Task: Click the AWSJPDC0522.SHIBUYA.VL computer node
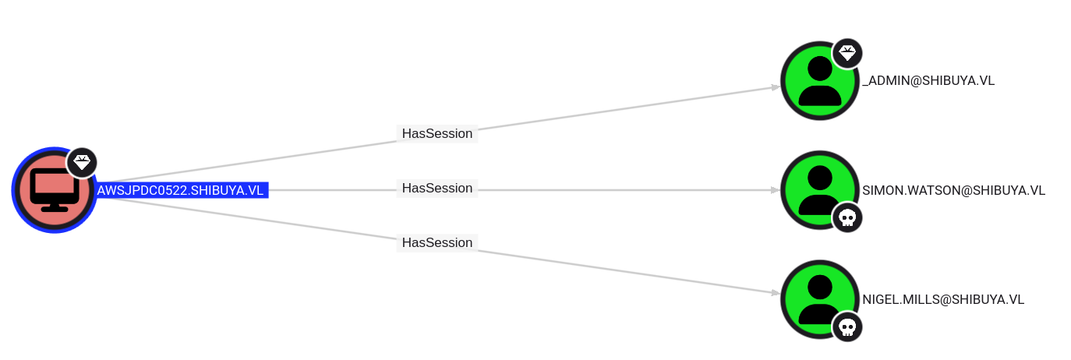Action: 55,190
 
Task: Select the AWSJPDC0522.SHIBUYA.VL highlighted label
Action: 180,190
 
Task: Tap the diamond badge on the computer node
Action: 83,163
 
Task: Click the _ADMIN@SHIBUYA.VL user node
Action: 820,81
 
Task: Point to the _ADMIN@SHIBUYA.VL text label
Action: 928,81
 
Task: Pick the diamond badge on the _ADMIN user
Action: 847,53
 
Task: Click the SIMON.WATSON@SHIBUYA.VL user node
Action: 820,190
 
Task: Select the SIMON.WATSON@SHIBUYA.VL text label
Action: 954,190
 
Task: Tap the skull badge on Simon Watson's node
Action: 847,217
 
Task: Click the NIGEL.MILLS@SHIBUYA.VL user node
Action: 820,300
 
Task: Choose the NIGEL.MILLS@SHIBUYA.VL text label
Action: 943,300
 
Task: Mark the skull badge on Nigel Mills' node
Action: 847,327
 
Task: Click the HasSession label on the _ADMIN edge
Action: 437,133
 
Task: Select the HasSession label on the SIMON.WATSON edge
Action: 437,188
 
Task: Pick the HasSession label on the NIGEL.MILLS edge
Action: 437,242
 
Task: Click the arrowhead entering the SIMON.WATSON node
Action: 776,190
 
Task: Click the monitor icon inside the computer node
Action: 55,190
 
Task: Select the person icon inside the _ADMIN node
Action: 820,81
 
